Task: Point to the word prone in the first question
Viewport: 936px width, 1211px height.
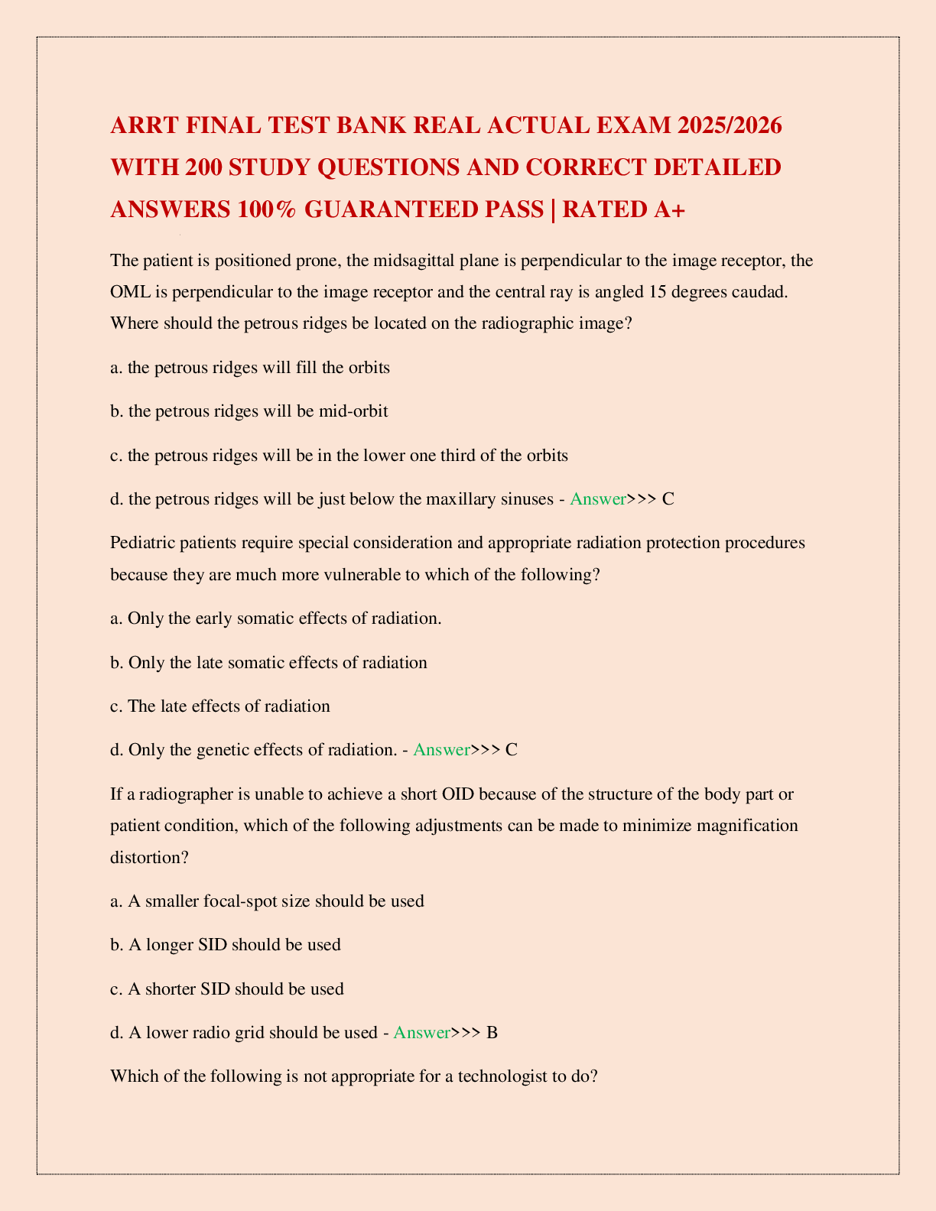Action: (317, 261)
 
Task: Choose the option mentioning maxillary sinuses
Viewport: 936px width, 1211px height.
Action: (331, 499)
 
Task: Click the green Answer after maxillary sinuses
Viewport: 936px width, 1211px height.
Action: (598, 499)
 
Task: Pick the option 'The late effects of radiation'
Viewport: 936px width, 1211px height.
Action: (220, 706)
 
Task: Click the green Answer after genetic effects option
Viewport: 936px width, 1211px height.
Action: (441, 749)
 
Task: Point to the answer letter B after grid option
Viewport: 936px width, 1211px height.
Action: (492, 1033)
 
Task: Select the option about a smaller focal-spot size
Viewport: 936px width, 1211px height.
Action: (267, 901)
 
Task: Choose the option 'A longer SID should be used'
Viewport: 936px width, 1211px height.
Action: (226, 945)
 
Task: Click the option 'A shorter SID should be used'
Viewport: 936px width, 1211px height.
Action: (227, 989)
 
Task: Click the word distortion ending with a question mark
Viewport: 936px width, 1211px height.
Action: (149, 857)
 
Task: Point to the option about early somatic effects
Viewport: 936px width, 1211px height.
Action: (276, 618)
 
